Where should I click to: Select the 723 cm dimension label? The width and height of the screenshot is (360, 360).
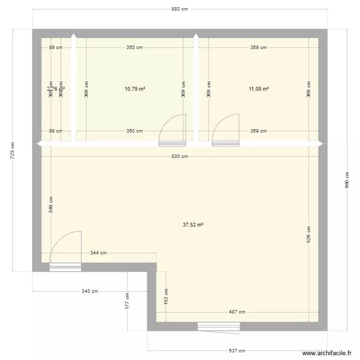13,150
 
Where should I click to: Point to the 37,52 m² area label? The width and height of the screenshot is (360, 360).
193,224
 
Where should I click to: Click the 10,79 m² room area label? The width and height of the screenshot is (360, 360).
135,89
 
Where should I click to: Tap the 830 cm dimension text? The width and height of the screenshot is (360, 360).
180,156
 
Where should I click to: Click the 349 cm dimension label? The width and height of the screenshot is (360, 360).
50,205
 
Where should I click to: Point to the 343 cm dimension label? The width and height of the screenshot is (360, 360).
90,291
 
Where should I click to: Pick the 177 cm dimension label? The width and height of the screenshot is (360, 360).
127,301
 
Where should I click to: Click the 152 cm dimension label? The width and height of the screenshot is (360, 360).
166,297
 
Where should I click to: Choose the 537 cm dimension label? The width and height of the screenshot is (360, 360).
238,350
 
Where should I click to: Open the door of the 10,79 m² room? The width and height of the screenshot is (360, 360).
173,130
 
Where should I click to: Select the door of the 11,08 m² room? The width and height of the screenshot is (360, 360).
226,130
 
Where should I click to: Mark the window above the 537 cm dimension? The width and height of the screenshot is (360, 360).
218,326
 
